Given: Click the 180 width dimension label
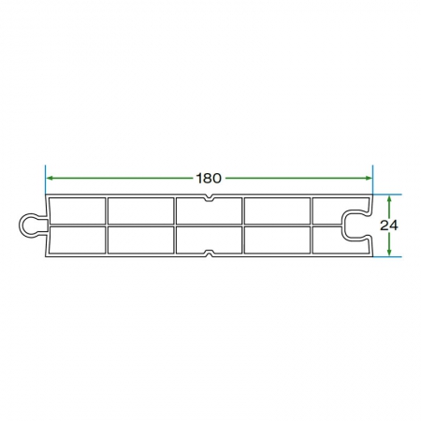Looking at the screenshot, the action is [x=209, y=178].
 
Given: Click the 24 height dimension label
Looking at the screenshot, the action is [x=389, y=225].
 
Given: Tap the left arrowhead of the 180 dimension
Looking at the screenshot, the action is [x=50, y=178].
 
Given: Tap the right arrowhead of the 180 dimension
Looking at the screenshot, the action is [x=369, y=178].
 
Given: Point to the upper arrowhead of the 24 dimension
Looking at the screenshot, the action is [x=389, y=198].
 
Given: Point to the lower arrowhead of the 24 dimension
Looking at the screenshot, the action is [x=389, y=253].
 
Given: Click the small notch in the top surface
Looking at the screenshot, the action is [x=210, y=197].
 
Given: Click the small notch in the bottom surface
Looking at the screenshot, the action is [x=210, y=254].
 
